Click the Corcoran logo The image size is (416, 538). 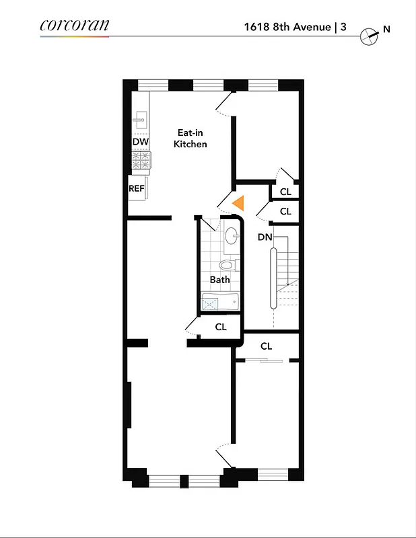(74, 26)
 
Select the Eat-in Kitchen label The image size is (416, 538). (190, 139)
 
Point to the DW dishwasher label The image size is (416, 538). (140, 143)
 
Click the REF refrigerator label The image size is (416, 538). (137, 188)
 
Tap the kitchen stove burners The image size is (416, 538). (141, 160)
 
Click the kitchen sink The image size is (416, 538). (140, 121)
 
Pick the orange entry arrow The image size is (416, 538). (237, 202)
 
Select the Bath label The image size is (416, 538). (219, 280)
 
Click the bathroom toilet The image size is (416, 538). (226, 265)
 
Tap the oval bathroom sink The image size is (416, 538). (231, 236)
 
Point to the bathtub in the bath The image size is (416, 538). (220, 303)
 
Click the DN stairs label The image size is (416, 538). (265, 237)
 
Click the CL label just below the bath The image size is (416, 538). (221, 327)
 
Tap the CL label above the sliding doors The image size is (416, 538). (267, 346)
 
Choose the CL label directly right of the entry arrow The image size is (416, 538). (285, 211)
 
